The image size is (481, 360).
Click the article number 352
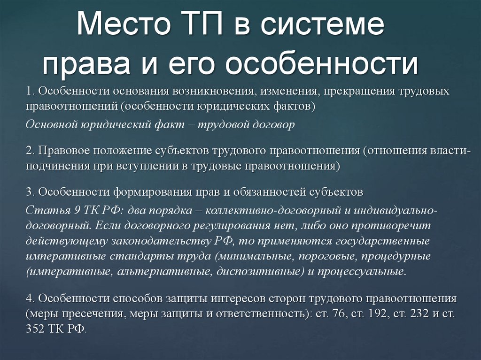36,329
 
